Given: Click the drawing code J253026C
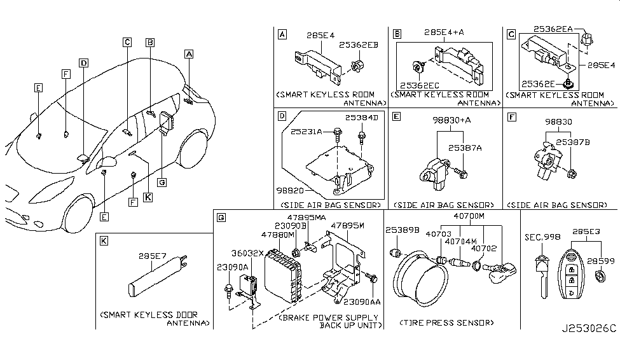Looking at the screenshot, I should click(x=589, y=329).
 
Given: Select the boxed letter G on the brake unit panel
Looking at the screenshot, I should click(x=221, y=218).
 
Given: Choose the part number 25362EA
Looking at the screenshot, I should click(x=554, y=29).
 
